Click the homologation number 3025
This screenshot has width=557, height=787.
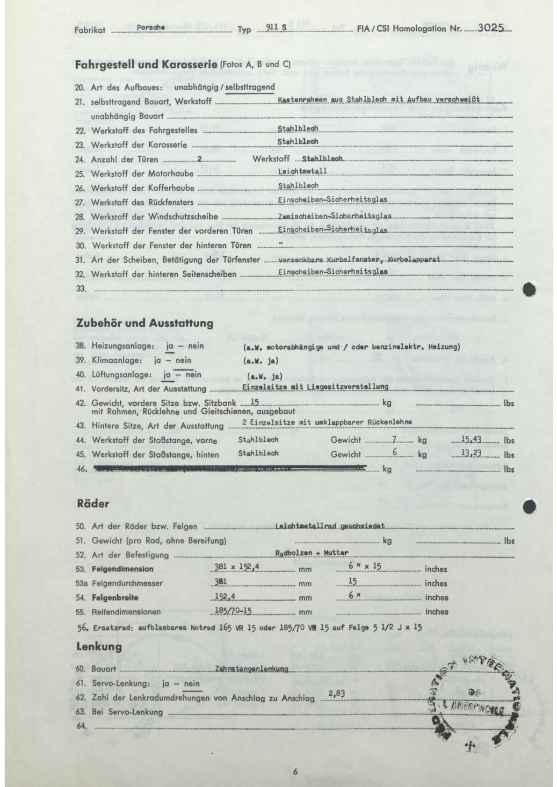pyautogui.click(x=491, y=27)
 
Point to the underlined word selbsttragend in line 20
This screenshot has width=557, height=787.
pyautogui.click(x=250, y=87)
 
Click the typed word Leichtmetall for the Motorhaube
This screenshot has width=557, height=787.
pyautogui.click(x=302, y=171)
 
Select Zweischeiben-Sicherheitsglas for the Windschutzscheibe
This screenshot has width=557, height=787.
pyautogui.click(x=334, y=216)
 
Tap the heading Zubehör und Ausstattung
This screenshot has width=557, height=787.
pyautogui.click(x=145, y=323)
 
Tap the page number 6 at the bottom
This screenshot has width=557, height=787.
pyautogui.click(x=295, y=772)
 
